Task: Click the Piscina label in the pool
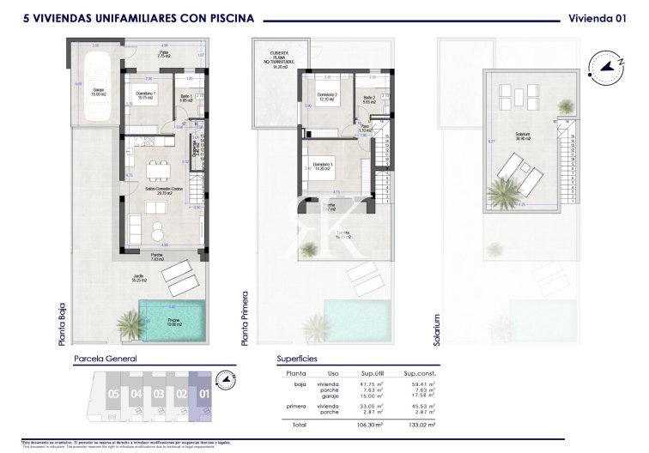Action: click(175, 323)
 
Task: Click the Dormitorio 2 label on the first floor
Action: click(325, 97)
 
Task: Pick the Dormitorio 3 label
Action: click(324, 166)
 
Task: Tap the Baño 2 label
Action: click(370, 99)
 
